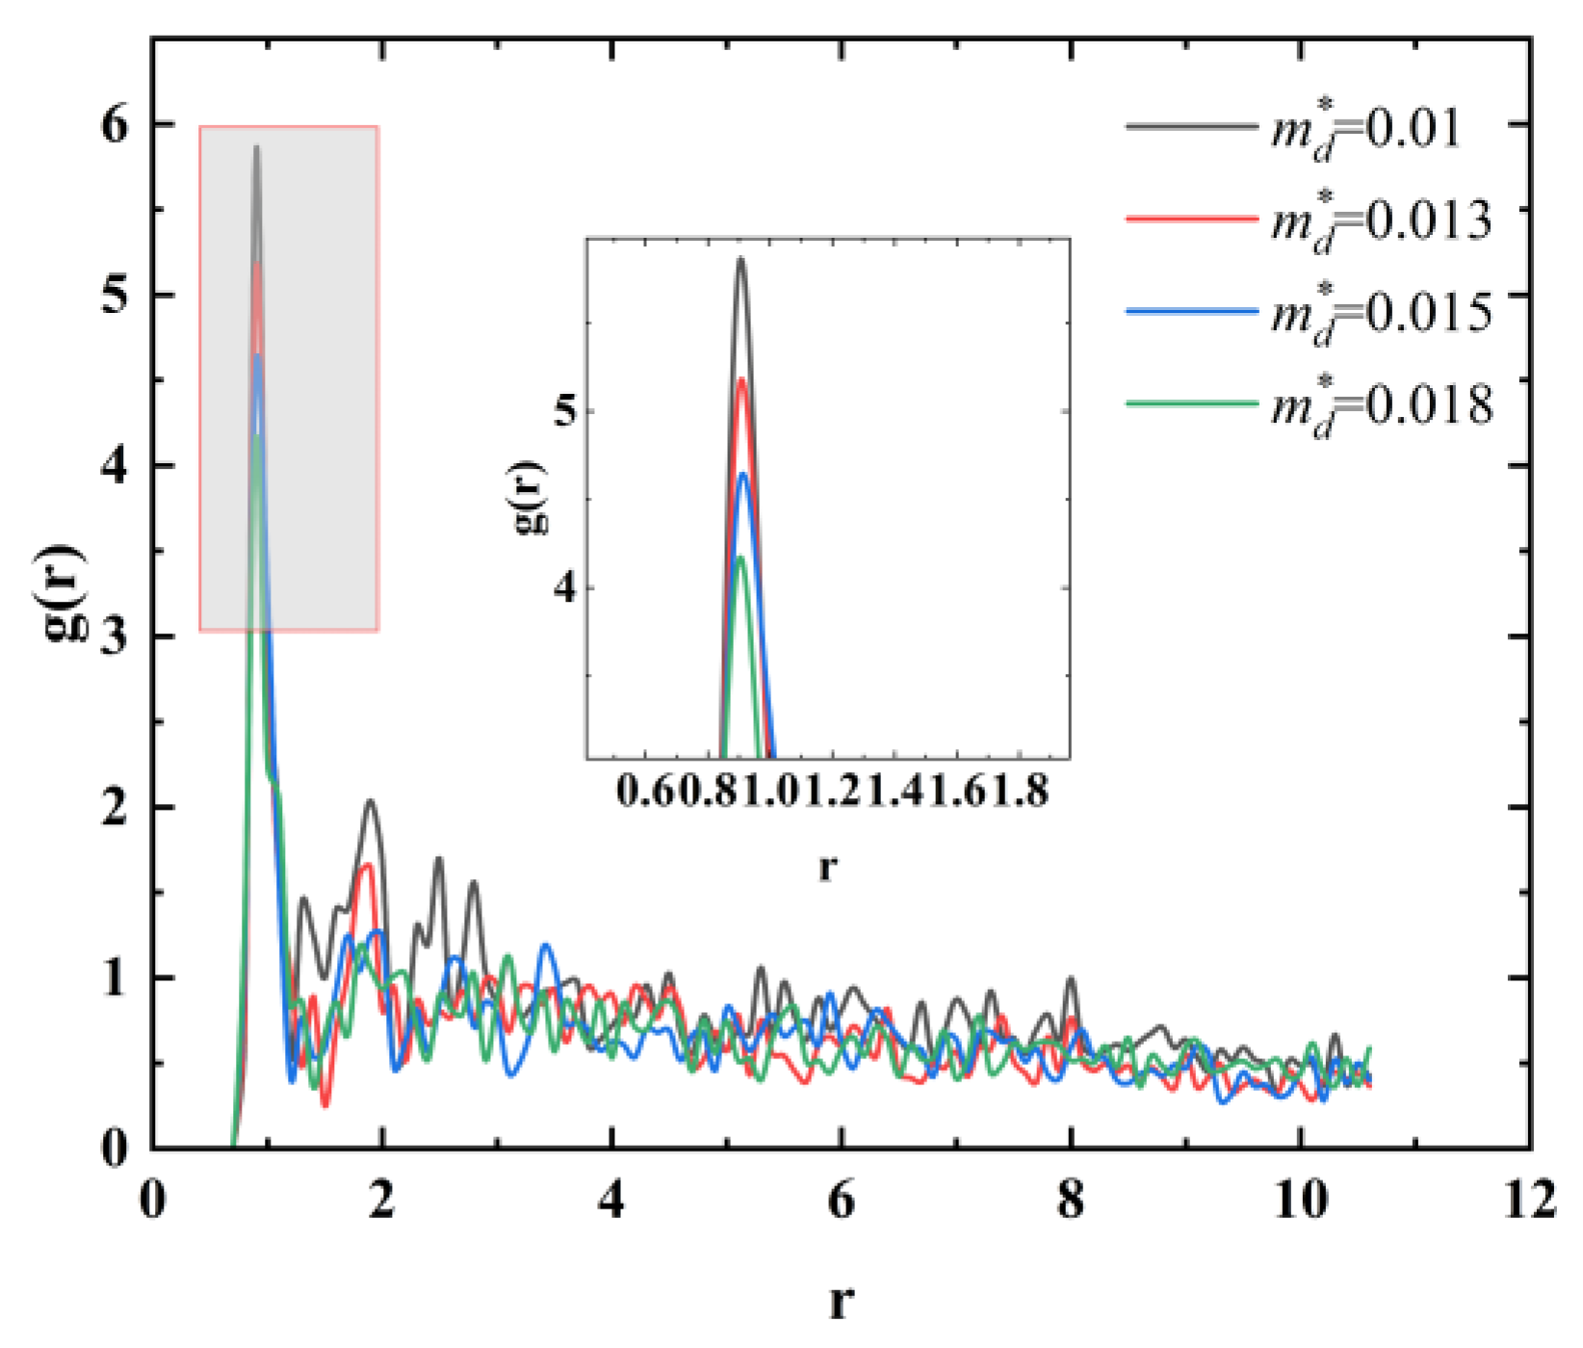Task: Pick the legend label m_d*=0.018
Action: tap(1381, 405)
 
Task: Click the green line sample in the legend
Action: tap(1192, 402)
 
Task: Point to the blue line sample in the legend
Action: tap(1192, 311)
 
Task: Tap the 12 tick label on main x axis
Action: tap(1529, 1203)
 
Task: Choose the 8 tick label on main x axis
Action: tap(1071, 1203)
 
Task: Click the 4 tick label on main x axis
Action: tap(611, 1203)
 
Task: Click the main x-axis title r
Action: tap(841, 1302)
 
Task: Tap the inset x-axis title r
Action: tap(827, 868)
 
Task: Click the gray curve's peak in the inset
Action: tap(740, 258)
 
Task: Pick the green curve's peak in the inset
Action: tap(740, 557)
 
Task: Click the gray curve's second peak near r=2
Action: tap(369, 801)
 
